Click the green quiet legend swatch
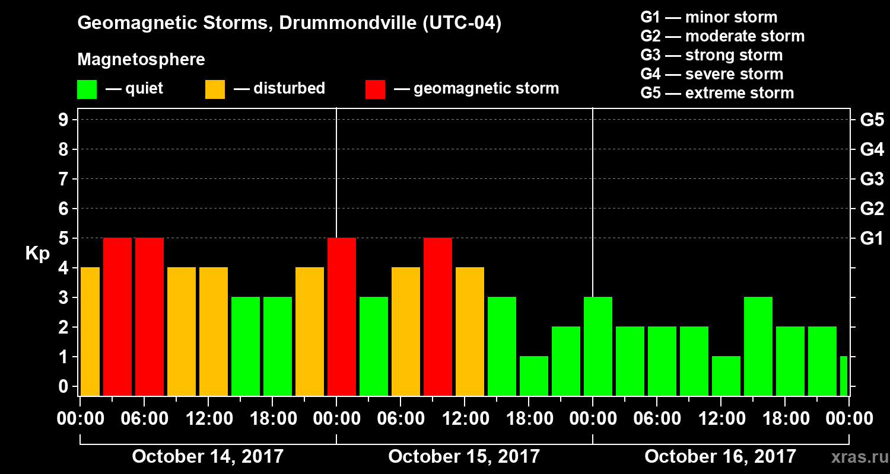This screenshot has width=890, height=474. [x=87, y=89]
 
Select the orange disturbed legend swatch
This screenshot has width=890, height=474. [x=215, y=89]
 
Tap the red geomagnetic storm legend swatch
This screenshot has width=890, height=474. [x=375, y=89]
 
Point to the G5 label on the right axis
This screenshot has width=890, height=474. [x=872, y=120]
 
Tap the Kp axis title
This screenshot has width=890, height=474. [x=37, y=254]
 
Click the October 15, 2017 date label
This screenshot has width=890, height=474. [x=464, y=457]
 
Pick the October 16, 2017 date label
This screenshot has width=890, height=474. [x=720, y=457]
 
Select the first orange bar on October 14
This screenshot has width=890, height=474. [x=90, y=331]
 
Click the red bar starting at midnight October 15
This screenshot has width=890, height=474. [x=342, y=316]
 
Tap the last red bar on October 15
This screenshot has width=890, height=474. [x=438, y=316]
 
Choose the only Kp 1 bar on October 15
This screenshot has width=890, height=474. [x=534, y=376]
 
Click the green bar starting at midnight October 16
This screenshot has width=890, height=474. [x=598, y=346]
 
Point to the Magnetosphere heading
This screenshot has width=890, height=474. [x=141, y=60]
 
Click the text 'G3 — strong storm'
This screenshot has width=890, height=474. [x=711, y=55]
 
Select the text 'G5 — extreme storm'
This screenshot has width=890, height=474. [x=717, y=93]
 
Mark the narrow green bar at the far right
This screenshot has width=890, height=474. [x=844, y=376]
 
